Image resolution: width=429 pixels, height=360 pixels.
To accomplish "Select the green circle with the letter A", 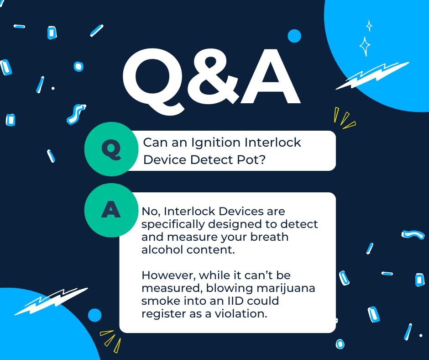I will coord(111,210).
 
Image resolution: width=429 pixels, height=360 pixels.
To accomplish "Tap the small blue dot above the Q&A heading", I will coord(294,36).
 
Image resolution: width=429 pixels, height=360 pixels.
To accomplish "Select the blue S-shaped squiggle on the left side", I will coord(75,114).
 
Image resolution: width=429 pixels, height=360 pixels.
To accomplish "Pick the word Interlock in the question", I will coord(273,143).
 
